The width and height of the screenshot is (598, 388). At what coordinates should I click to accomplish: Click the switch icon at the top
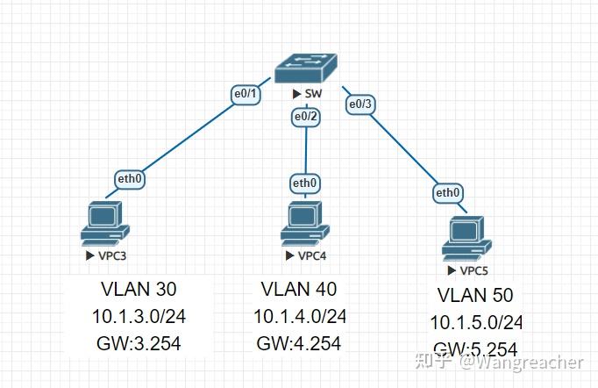[x=305, y=67]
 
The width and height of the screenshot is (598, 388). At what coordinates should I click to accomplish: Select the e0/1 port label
[x=245, y=95]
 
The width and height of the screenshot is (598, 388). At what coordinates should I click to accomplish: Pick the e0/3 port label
[x=360, y=104]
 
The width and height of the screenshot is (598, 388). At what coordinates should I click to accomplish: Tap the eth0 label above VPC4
[x=304, y=183]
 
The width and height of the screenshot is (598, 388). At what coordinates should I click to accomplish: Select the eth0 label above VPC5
[x=447, y=192]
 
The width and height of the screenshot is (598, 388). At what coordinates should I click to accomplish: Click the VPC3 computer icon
[x=104, y=223]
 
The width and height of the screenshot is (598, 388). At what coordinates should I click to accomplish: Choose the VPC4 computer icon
[x=304, y=223]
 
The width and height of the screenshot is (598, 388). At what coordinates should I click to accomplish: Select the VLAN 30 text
[x=138, y=290]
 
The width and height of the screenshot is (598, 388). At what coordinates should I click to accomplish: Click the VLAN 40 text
[x=299, y=289]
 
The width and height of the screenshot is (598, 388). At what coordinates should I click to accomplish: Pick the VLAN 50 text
[x=475, y=295]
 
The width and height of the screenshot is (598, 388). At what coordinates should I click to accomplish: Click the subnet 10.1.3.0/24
[x=138, y=316]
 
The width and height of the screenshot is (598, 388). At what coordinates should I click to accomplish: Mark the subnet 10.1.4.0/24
[x=300, y=316]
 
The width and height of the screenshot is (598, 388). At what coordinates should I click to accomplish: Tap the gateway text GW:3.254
[x=138, y=343]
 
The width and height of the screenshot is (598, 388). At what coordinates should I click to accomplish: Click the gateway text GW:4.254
[x=299, y=343]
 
